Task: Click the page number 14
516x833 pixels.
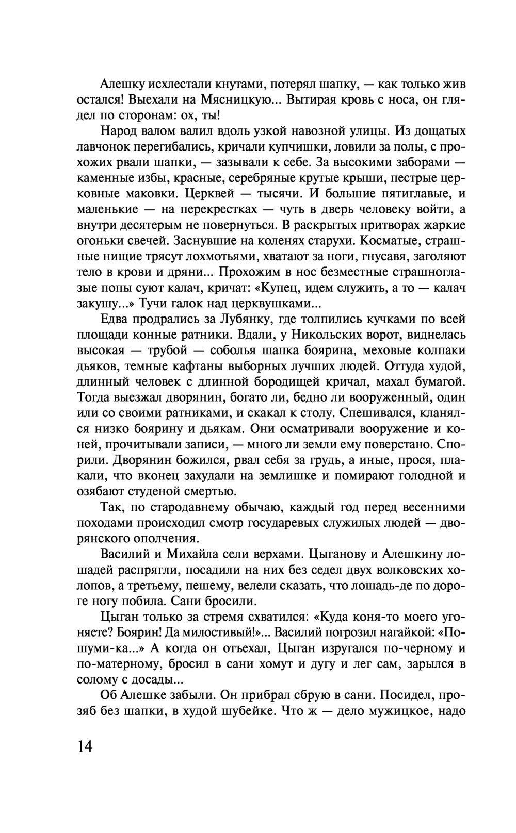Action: click(x=85, y=746)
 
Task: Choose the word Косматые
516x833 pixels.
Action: click(x=391, y=241)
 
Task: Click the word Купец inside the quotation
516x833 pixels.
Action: click(x=284, y=288)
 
